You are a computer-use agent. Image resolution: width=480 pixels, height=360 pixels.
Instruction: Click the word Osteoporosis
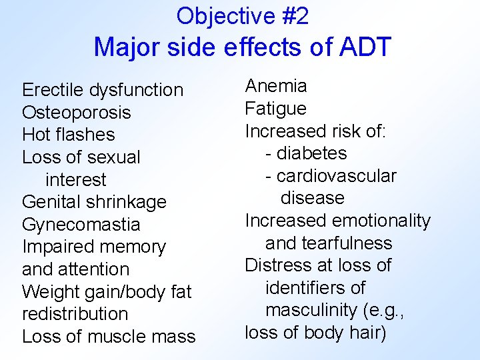point(76,113)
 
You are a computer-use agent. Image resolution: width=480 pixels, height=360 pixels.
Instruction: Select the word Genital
point(47,202)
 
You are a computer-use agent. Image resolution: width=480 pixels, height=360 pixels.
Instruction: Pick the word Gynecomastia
point(81,225)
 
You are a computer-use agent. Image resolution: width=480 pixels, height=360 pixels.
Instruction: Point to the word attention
point(94,269)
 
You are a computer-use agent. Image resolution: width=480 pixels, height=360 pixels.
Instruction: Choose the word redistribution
point(75,314)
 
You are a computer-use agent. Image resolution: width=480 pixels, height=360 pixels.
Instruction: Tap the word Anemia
point(276,86)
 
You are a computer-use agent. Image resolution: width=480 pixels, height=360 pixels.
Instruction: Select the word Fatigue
point(275,109)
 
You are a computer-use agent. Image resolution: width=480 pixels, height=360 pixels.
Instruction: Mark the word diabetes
point(311,153)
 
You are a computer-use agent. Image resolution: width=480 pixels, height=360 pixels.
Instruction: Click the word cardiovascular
point(336,176)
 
